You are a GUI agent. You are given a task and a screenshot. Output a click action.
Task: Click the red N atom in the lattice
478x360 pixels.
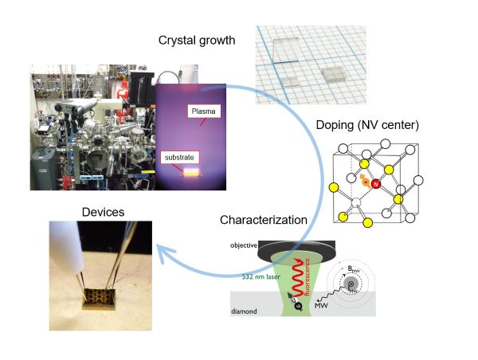378,185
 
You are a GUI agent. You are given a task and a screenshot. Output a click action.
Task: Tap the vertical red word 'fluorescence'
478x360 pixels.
308,284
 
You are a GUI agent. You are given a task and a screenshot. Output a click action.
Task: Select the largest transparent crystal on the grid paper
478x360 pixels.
280,43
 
